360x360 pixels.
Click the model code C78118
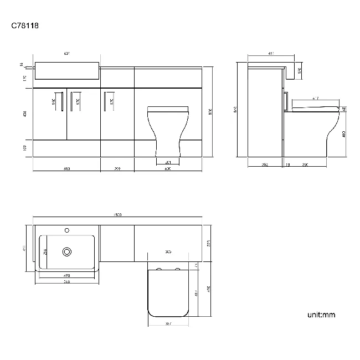coord(25,25)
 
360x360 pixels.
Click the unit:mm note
coord(321,315)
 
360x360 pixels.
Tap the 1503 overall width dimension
coord(117,215)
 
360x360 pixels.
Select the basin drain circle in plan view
coord(68,251)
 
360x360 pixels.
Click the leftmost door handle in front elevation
coord(59,102)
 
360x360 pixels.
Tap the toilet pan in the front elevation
coord(168,130)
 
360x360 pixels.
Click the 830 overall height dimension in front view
coord(210,112)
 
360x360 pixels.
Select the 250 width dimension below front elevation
coord(117,168)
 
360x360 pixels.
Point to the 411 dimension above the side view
coord(271,54)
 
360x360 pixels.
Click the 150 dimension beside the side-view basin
coord(299,70)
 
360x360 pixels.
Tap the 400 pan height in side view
coord(344,134)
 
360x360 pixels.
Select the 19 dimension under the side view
coord(287,164)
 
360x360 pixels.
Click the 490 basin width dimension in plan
coord(66,275)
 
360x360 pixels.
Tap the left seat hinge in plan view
coord(160,270)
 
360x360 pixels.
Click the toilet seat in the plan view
coord(168,291)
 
